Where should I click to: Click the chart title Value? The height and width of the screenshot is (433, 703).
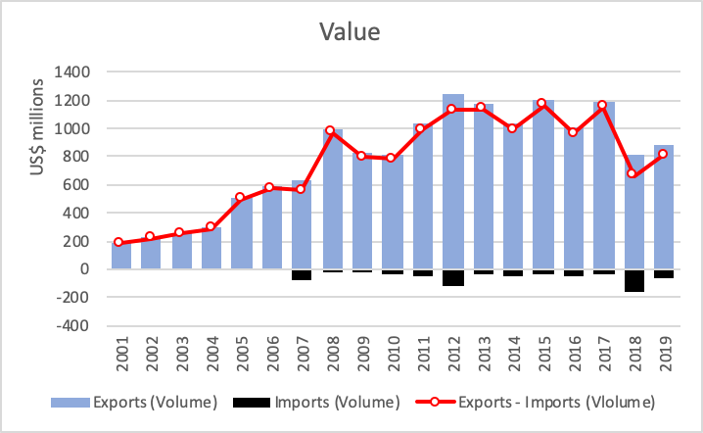351,31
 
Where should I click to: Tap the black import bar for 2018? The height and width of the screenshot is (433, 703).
634,280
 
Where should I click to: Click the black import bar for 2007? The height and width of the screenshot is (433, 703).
301,274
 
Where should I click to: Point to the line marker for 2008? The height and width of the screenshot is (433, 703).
330,130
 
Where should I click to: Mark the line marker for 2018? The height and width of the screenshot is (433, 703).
634,174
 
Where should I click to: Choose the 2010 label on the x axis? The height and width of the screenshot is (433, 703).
392,354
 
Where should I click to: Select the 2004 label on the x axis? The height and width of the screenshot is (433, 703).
210,354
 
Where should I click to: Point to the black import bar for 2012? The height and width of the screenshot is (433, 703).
452,277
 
